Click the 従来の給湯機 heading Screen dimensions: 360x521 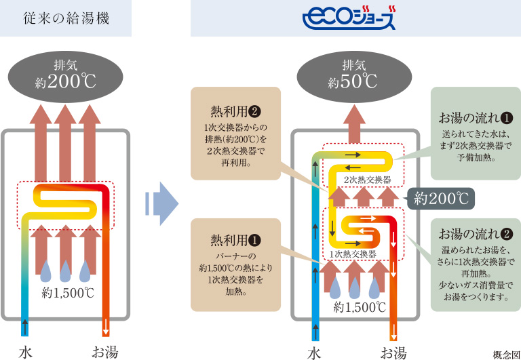[66, 18]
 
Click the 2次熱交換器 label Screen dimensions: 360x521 [367, 180]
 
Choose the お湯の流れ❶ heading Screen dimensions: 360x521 [475, 117]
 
